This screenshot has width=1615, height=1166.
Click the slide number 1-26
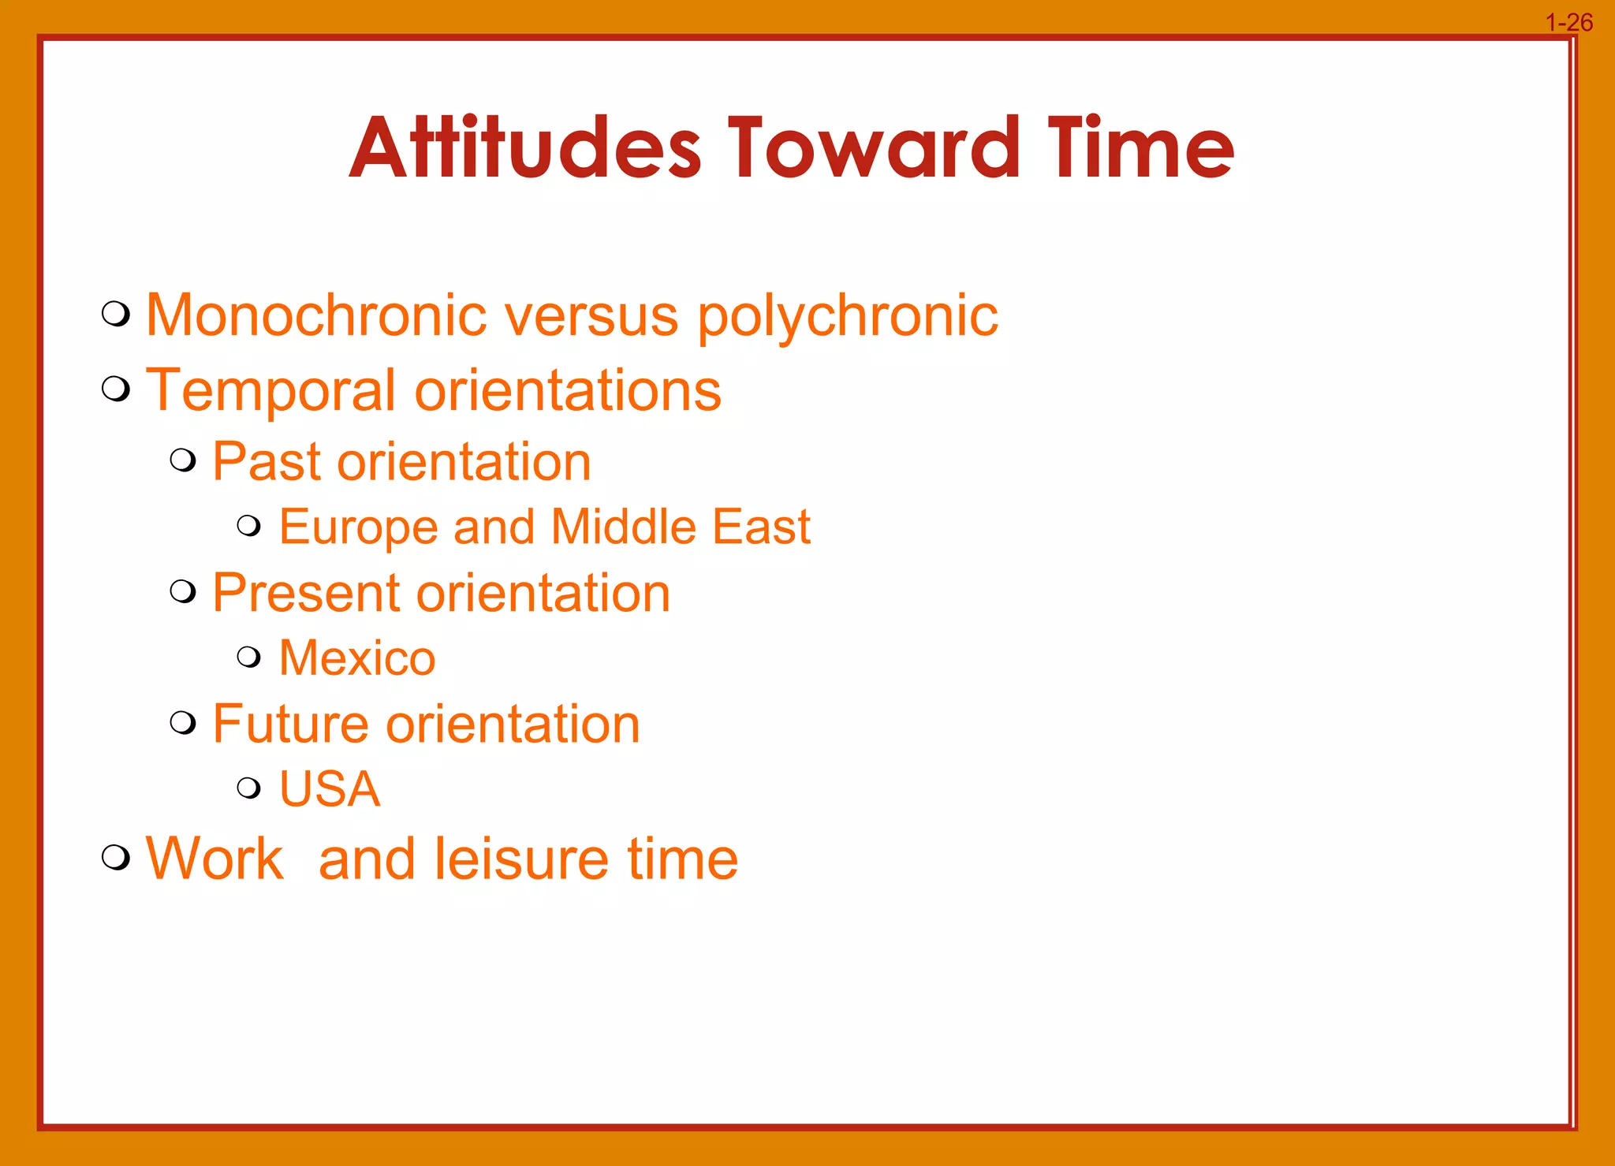pos(1568,22)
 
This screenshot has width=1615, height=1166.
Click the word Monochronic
pos(316,315)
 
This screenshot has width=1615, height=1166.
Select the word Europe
pos(358,527)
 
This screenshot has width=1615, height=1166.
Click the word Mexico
pos(357,658)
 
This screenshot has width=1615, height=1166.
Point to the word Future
pos(290,724)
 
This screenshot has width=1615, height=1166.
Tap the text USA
pos(330,789)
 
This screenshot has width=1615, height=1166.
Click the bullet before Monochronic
pos(116,314)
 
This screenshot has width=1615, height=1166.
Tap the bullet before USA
pos(249,787)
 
